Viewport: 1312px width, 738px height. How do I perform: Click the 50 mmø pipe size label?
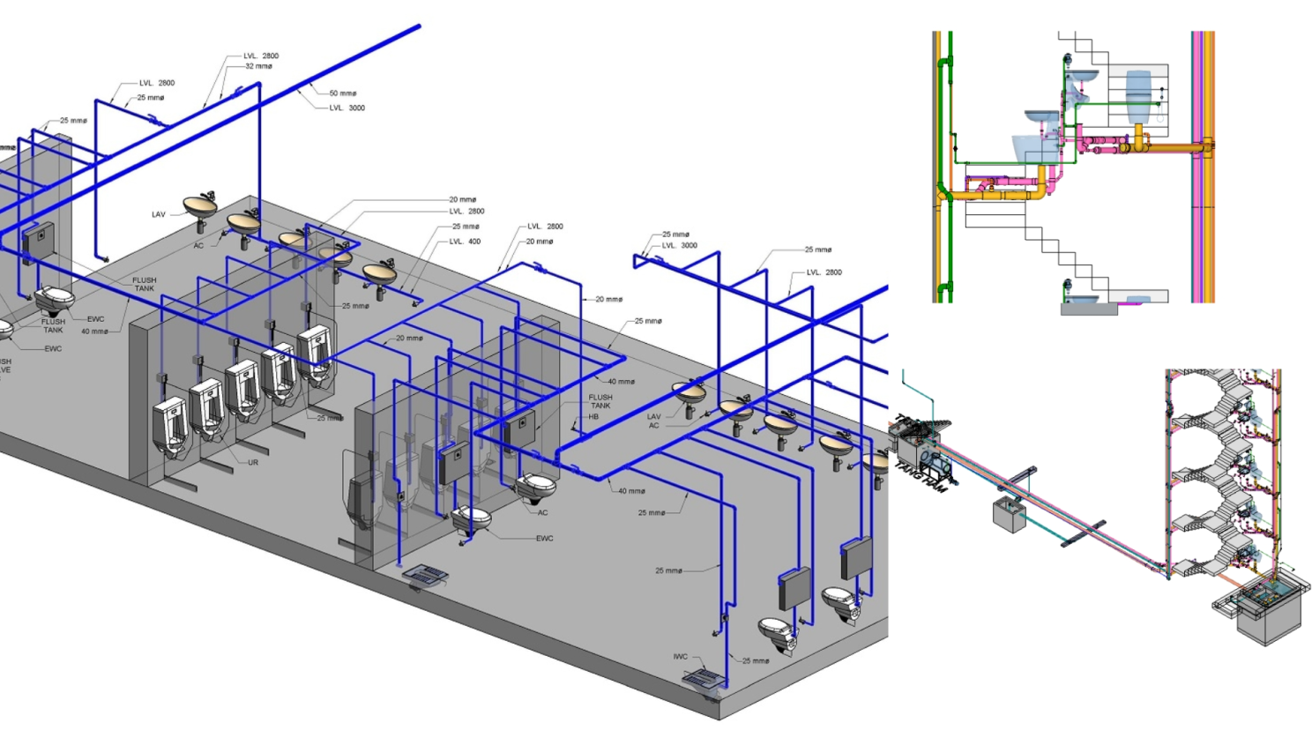pyautogui.click(x=343, y=93)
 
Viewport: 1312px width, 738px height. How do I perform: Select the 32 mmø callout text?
pyautogui.click(x=258, y=66)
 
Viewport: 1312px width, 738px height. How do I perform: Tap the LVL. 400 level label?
pyautogui.click(x=465, y=242)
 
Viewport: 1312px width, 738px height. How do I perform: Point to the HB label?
pyautogui.click(x=593, y=417)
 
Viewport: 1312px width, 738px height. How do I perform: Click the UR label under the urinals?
pyautogui.click(x=253, y=463)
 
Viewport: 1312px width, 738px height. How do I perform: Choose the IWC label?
pyautogui.click(x=680, y=657)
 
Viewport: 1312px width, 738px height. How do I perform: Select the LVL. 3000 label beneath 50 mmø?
pyautogui.click(x=347, y=108)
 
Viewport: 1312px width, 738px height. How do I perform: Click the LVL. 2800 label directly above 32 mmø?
pyautogui.click(x=261, y=56)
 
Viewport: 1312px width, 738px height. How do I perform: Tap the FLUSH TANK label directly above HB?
pyautogui.click(x=600, y=401)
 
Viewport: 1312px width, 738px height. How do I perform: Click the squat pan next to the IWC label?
pyautogui.click(x=703, y=679)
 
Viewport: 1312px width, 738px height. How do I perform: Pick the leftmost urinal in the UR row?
pyautogui.click(x=170, y=426)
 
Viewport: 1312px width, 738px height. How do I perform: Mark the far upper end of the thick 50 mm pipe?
pyautogui.click(x=417, y=26)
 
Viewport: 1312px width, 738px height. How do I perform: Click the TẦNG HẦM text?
pyautogui.click(x=922, y=475)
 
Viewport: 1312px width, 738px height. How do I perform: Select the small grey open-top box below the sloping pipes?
pyautogui.click(x=1010, y=515)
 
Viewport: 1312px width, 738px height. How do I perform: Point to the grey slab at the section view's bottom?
pyautogui.click(x=1088, y=309)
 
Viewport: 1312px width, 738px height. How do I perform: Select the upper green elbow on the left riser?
pyautogui.click(x=944, y=63)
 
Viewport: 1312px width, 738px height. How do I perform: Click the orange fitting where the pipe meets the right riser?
pyautogui.click(x=1204, y=147)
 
